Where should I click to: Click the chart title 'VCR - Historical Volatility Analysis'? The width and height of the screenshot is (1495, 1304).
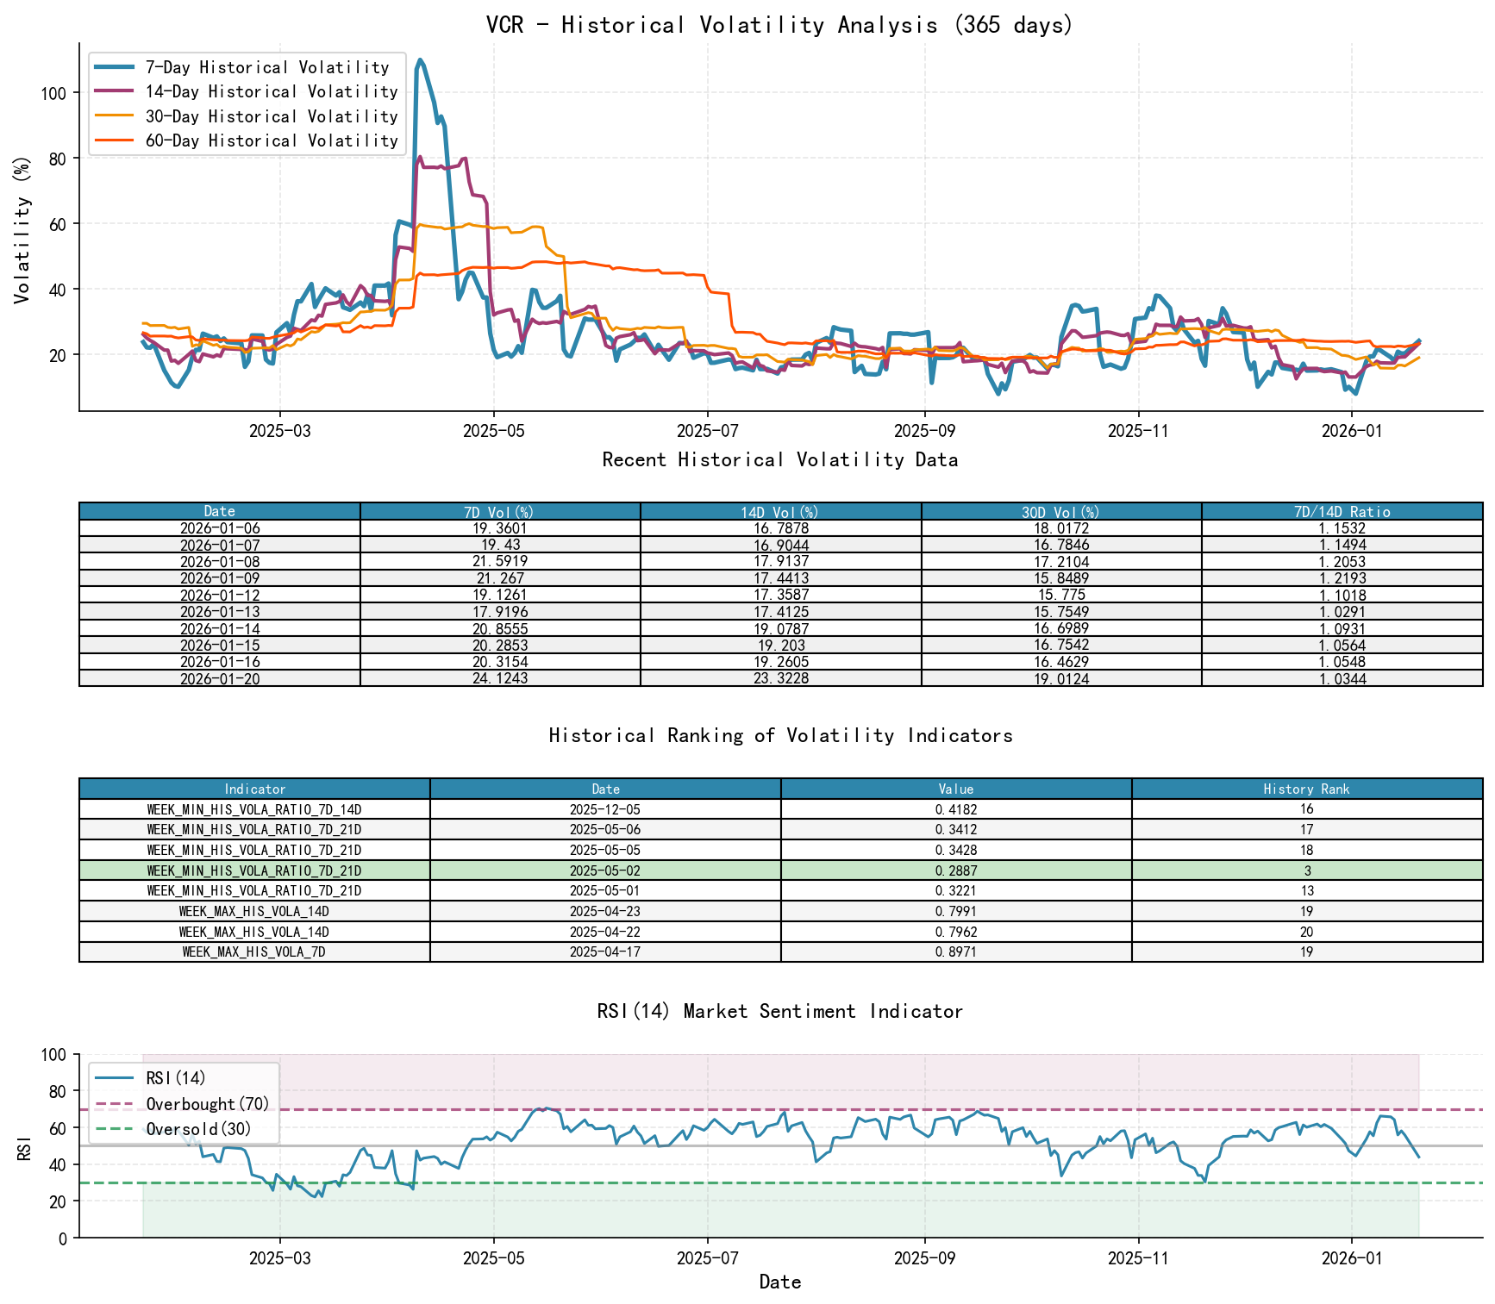(779, 25)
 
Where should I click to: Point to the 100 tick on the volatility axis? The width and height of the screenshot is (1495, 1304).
(53, 93)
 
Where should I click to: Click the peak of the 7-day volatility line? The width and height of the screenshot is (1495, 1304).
(420, 60)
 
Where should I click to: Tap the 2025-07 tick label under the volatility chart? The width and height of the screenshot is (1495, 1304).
(707, 431)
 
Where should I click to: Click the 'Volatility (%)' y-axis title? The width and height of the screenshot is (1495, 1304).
(22, 230)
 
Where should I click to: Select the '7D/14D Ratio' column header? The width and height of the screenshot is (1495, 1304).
(1342, 512)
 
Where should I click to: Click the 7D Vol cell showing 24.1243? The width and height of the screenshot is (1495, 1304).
(500, 679)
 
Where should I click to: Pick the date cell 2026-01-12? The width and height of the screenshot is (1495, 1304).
(220, 596)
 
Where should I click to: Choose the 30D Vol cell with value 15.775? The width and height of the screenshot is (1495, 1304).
(1061, 596)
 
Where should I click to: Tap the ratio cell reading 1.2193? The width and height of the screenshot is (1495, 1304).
(1342, 578)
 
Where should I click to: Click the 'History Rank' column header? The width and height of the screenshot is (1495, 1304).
(1306, 789)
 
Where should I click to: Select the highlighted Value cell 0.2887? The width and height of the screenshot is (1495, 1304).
(956, 870)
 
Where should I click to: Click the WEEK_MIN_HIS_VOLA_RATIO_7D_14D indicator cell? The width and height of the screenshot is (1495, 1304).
(254, 809)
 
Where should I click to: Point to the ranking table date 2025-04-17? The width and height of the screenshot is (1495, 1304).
(605, 952)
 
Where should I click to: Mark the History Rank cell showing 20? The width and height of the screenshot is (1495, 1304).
(1306, 932)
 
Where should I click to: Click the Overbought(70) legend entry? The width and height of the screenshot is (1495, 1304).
(207, 1104)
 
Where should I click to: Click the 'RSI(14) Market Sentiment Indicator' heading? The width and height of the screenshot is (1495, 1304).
(779, 1011)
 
